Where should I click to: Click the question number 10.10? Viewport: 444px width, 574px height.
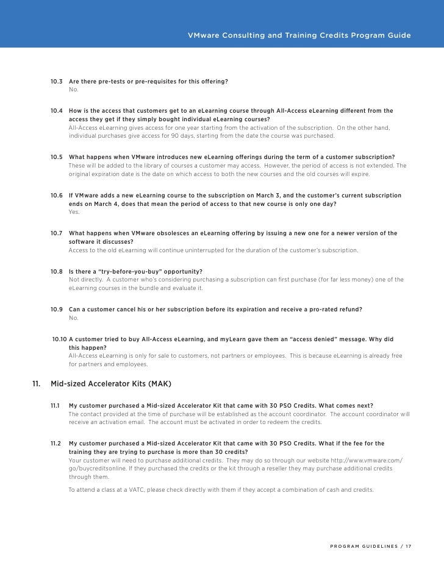pos(59,339)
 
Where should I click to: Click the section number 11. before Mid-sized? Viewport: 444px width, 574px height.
pos(36,384)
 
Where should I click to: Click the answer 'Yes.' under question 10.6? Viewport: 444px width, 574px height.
pos(74,212)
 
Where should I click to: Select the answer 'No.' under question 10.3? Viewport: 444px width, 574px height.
pos(74,90)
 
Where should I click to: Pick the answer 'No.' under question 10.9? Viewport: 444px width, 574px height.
pos(74,318)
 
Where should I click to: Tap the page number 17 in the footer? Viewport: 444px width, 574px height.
pos(408,545)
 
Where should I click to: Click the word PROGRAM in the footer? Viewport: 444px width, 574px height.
pos(345,545)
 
